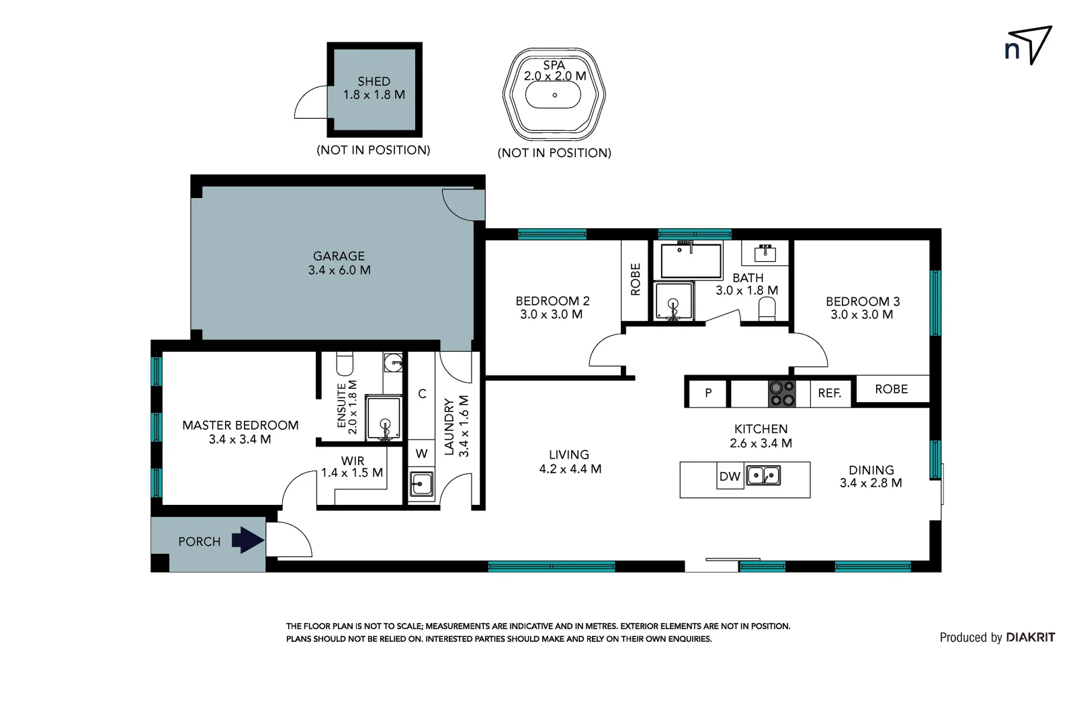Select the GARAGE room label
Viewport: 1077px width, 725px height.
pyautogui.click(x=339, y=256)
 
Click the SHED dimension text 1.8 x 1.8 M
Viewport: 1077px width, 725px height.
pyautogui.click(x=374, y=95)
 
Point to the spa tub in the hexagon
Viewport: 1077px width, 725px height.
pyautogui.click(x=554, y=95)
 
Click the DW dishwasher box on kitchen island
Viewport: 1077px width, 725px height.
pyautogui.click(x=730, y=477)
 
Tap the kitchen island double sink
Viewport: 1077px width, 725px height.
pyautogui.click(x=763, y=475)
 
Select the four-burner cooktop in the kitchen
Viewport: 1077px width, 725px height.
pyautogui.click(x=781, y=393)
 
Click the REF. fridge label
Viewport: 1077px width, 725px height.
pyautogui.click(x=830, y=393)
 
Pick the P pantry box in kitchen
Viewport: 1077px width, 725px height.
pyautogui.click(x=708, y=393)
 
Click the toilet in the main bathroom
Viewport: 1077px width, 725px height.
pyautogui.click(x=767, y=309)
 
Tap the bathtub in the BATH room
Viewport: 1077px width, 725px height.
pyautogui.click(x=691, y=261)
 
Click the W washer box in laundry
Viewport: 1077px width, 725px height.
pyautogui.click(x=421, y=454)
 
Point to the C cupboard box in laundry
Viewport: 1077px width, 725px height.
pyautogui.click(x=422, y=394)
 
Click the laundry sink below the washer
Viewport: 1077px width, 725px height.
pyautogui.click(x=421, y=483)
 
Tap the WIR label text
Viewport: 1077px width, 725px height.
pyautogui.click(x=353, y=461)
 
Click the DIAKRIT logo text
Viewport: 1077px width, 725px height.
pyautogui.click(x=1030, y=638)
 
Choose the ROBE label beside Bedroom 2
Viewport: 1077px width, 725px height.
pyautogui.click(x=636, y=279)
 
